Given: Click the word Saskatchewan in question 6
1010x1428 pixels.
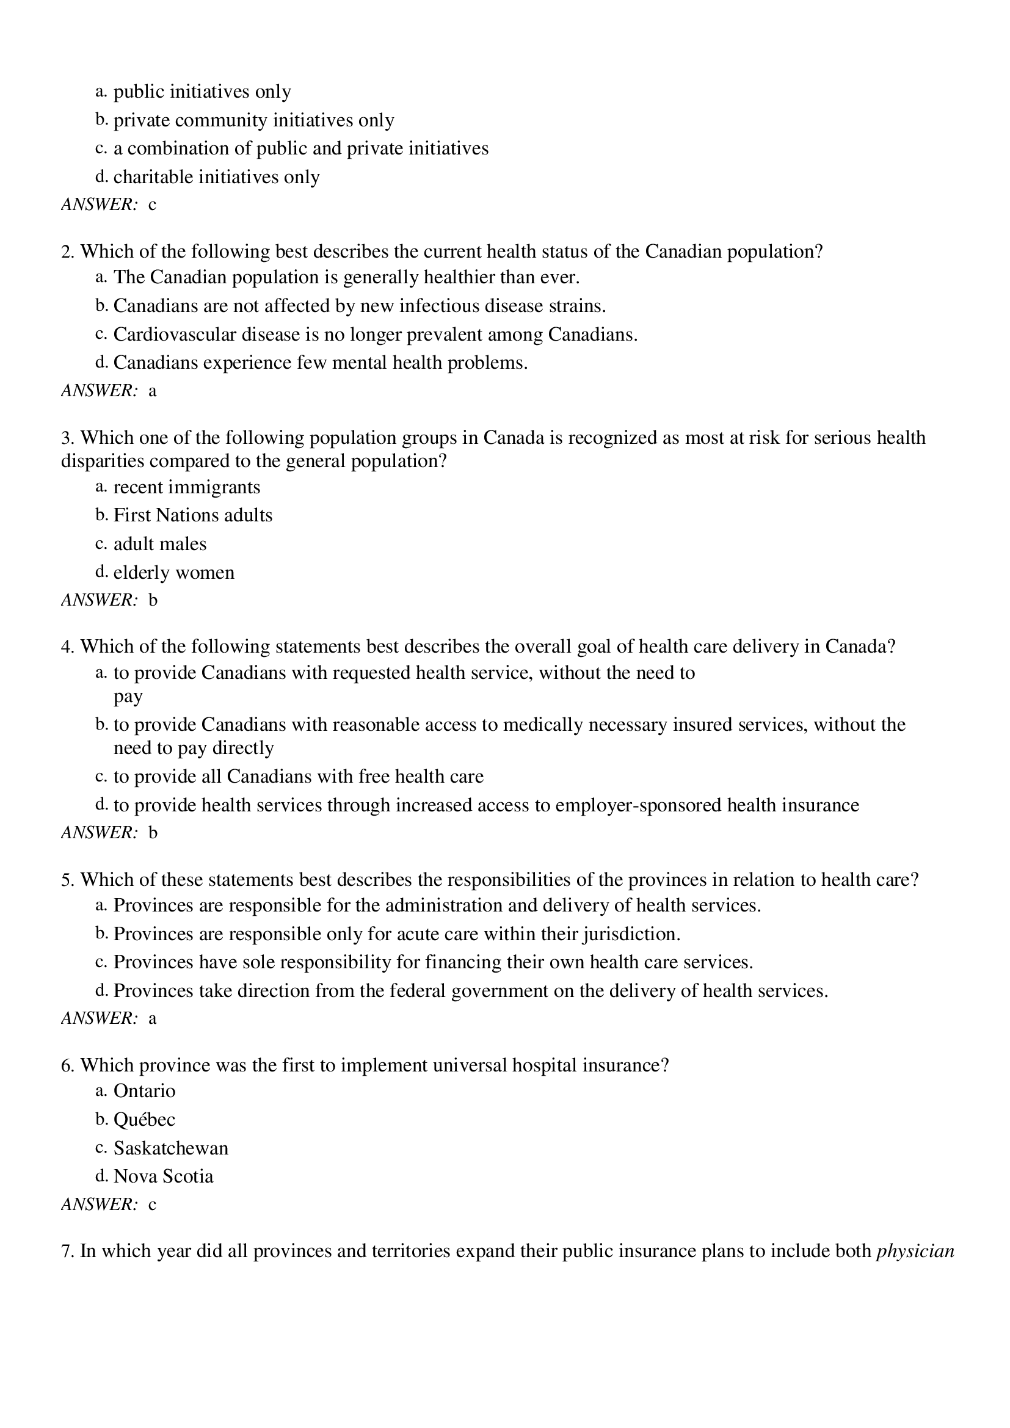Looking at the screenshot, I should pyautogui.click(x=170, y=1148).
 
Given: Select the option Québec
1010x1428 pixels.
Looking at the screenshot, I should pyautogui.click(x=144, y=1119).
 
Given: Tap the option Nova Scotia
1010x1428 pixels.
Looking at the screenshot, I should pyautogui.click(x=163, y=1176).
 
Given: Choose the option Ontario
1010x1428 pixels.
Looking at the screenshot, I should pyautogui.click(x=144, y=1090).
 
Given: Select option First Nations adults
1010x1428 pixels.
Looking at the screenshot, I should pyautogui.click(x=193, y=515).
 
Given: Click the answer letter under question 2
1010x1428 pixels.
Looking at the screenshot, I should pyautogui.click(x=153, y=391).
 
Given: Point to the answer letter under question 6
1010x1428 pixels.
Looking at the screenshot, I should pyautogui.click(x=153, y=1205).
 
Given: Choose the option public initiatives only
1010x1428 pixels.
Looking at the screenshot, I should pyautogui.click(x=202, y=92).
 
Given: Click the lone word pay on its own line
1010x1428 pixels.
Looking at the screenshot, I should pyautogui.click(x=128, y=697).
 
